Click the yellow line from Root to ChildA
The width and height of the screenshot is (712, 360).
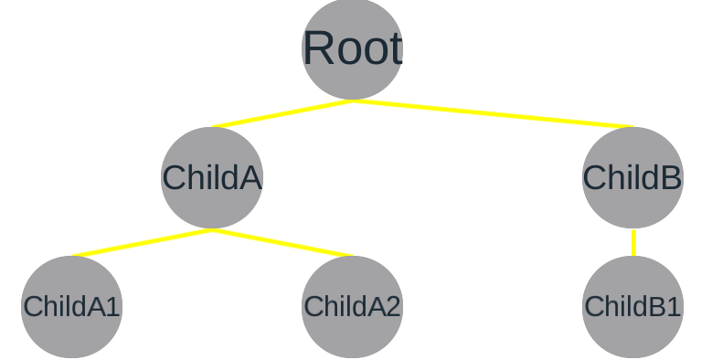click(x=282, y=114)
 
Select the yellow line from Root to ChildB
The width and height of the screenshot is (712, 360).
click(x=494, y=114)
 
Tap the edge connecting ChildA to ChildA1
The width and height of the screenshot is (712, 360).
click(x=142, y=243)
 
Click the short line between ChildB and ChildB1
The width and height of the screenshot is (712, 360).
click(x=632, y=242)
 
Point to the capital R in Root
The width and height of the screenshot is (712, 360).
click(x=316, y=49)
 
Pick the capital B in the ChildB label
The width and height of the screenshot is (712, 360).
click(x=670, y=178)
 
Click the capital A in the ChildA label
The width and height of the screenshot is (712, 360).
click(x=250, y=178)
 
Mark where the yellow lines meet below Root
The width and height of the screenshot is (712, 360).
click(x=352, y=101)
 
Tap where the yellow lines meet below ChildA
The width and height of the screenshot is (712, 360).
click(x=212, y=229)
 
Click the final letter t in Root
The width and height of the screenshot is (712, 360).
click(x=395, y=49)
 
